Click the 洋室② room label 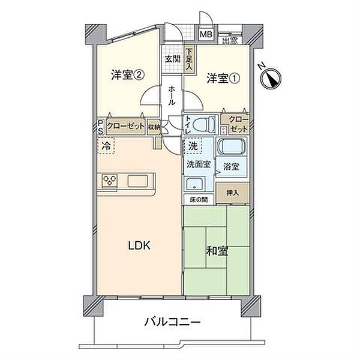point(127,75)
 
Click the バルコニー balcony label point(172,323)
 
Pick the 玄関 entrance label point(172,59)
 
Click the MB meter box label point(205,35)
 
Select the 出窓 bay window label point(229,41)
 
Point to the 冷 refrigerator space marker point(106,145)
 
